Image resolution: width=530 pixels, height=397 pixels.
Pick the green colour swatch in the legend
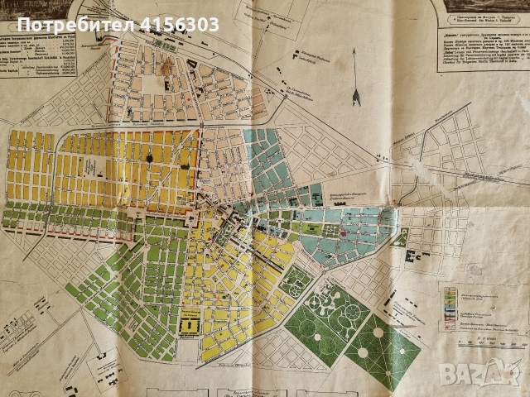450,292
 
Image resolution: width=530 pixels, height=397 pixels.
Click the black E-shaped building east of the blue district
400,239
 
